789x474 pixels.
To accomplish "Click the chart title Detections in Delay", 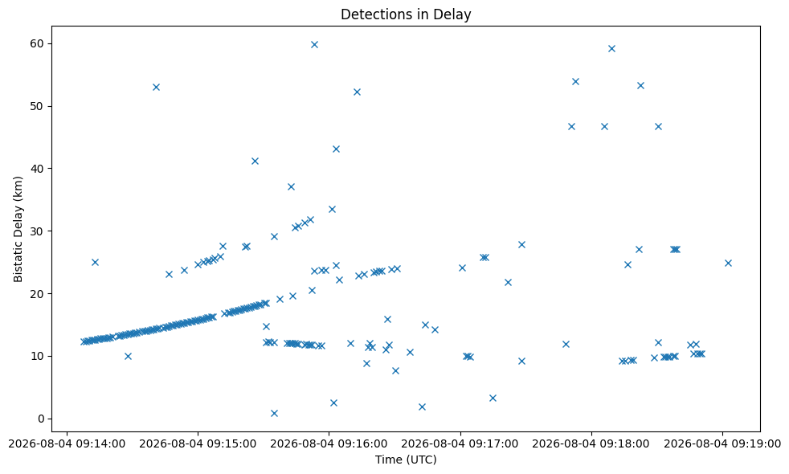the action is tap(406, 14).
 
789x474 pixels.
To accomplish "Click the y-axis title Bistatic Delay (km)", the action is tap(18, 230).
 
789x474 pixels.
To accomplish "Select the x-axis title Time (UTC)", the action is tap(406, 460).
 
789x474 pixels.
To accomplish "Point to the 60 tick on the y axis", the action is tap(37, 43).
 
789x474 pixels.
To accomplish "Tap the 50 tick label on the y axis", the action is tap(37, 106).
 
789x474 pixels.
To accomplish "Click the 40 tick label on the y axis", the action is tap(37, 169).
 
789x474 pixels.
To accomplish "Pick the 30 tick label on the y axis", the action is tap(37, 231).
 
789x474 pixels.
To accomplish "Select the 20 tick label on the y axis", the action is tap(37, 293).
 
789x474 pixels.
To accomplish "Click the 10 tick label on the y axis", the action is tap(37, 356).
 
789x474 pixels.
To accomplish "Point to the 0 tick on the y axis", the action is tap(40, 419).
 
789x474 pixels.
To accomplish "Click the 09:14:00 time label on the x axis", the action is tap(67, 443).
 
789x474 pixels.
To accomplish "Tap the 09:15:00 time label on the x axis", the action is tap(198, 443).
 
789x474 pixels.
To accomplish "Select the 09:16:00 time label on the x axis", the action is tap(329, 443).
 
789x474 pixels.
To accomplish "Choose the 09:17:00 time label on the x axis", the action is tap(460, 443).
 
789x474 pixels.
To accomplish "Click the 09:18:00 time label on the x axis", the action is tap(591, 443).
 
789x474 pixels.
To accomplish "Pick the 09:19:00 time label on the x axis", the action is tap(722, 443).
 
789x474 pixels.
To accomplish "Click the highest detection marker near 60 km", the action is tap(314, 45).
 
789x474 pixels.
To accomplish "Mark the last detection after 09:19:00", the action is tap(728, 264).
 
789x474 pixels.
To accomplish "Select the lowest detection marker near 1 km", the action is tap(274, 414).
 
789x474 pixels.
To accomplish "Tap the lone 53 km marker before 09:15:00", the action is tap(156, 87).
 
